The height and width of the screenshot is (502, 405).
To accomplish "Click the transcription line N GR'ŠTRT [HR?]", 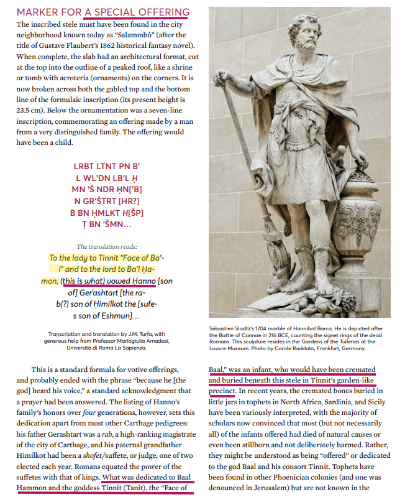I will click(107, 200).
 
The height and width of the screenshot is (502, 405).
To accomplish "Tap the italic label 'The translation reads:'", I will click(107, 246).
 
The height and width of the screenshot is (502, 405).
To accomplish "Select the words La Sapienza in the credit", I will click(140, 348).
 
